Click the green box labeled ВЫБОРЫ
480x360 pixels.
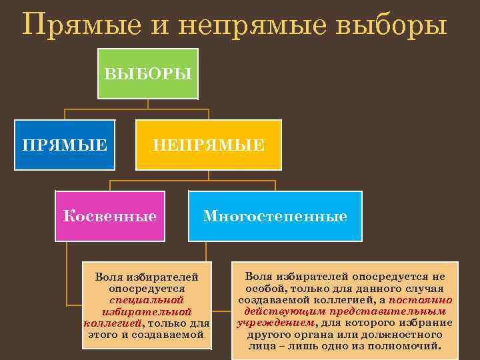tap(149, 73)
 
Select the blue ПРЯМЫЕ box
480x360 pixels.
tap(65, 144)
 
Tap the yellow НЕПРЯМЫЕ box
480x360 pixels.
tap(209, 144)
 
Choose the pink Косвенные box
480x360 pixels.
tap(109, 216)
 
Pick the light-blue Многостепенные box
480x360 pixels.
tap(275, 216)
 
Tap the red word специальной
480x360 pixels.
tap(147, 300)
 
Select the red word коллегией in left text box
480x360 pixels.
tap(112, 323)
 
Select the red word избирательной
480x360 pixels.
tap(147, 311)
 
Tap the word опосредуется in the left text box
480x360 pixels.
tap(147, 289)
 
